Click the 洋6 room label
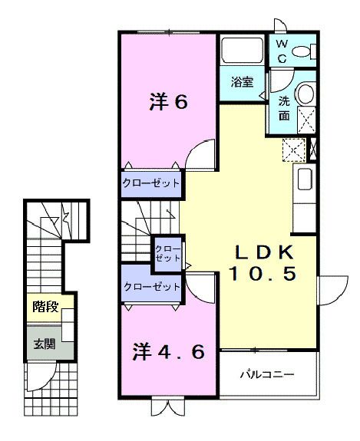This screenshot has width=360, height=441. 167,102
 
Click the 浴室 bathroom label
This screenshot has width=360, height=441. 240,79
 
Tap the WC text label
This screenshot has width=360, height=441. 281,52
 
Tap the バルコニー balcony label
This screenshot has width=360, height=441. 266,376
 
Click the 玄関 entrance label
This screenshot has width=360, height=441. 44,344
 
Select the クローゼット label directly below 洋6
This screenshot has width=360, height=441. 151,183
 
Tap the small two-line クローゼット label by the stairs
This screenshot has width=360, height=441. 167,252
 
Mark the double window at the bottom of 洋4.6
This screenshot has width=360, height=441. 167,407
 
